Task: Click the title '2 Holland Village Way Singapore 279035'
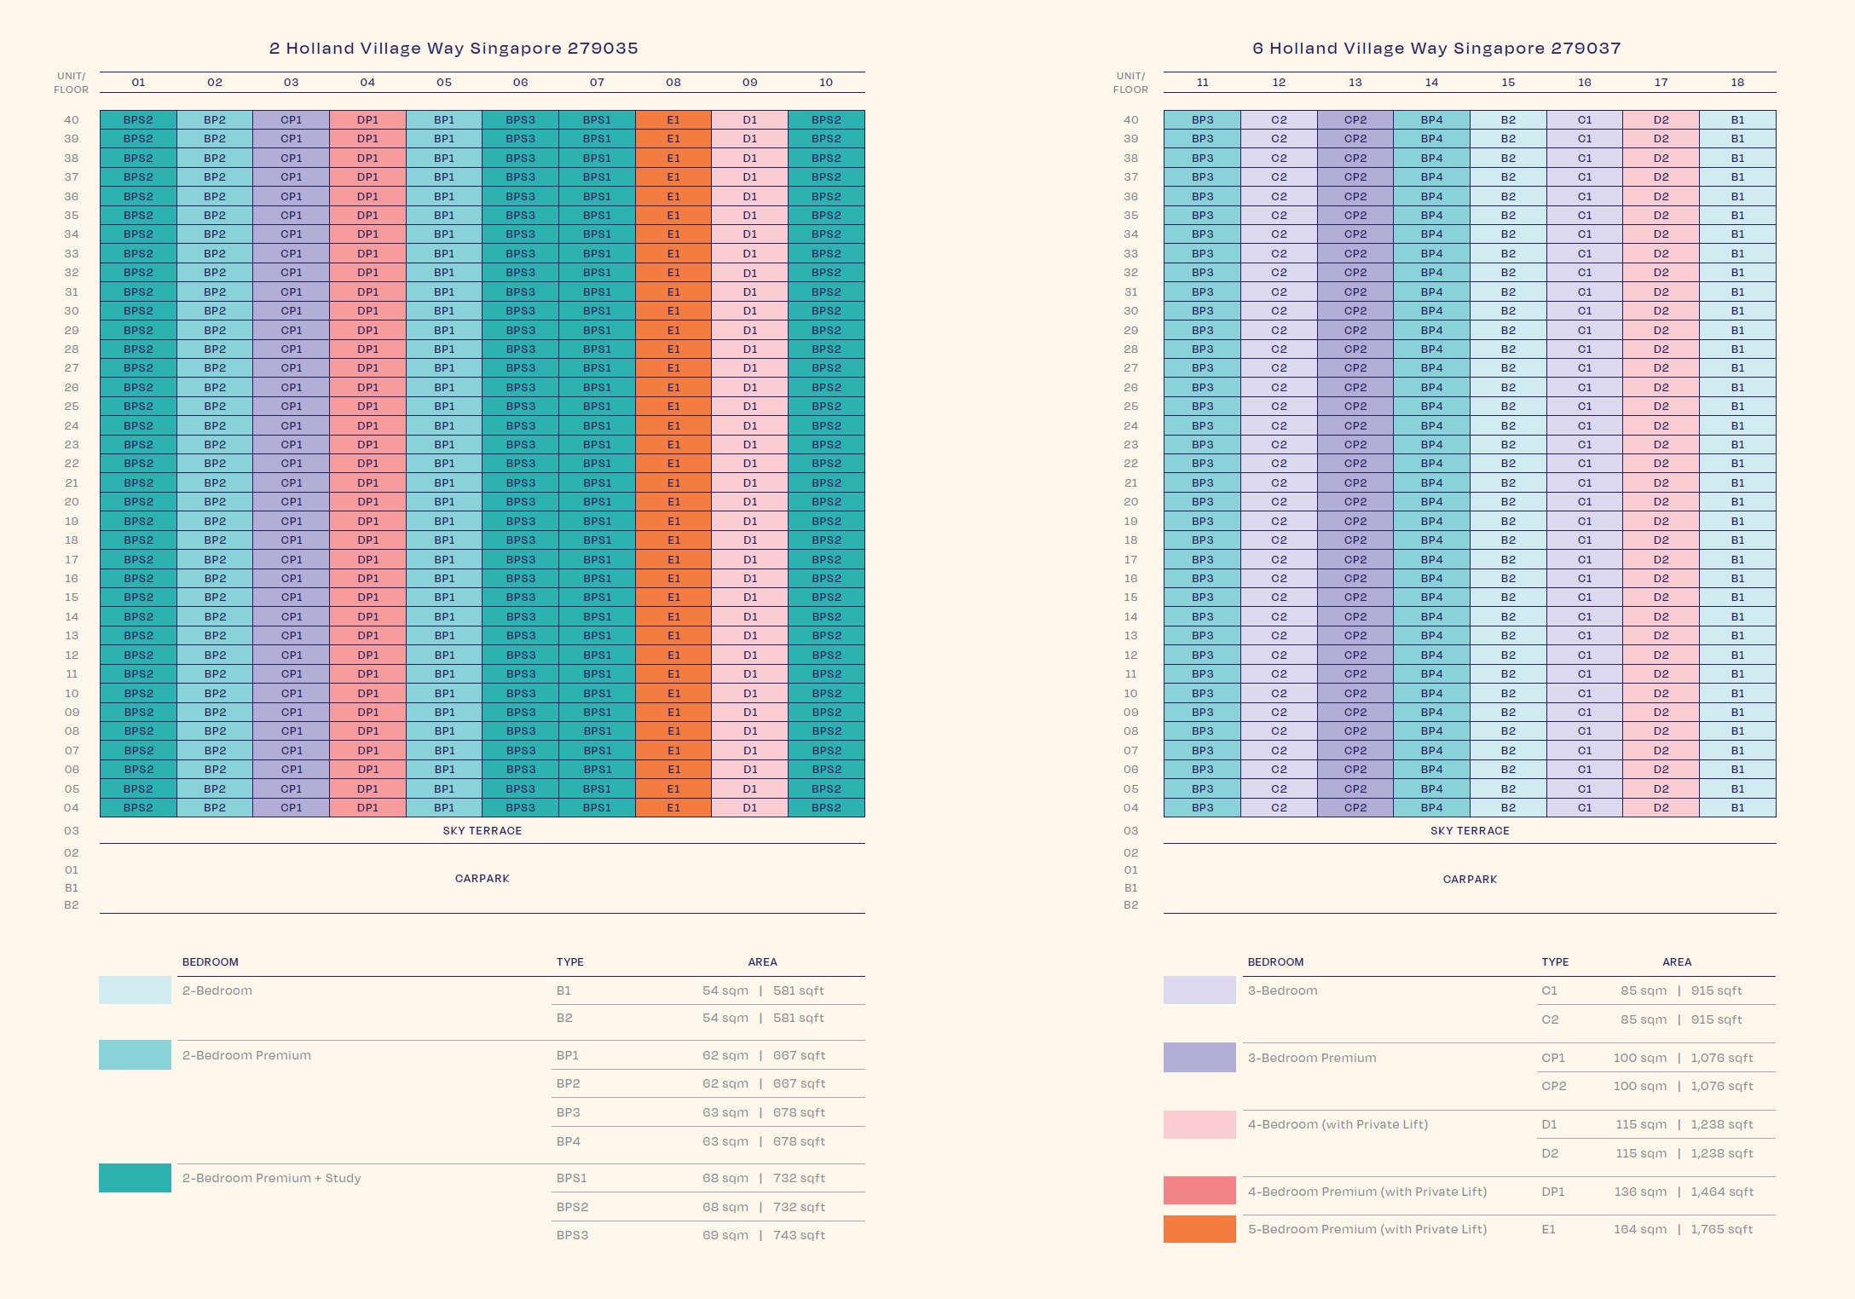click(454, 49)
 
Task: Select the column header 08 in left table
click(673, 83)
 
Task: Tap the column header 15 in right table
click(1508, 83)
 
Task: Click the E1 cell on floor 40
click(673, 120)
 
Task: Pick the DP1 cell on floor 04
click(367, 808)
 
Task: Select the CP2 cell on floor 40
click(1355, 120)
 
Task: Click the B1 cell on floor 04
click(1737, 808)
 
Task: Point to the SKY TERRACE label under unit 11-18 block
click(1470, 831)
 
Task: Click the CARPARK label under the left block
click(482, 879)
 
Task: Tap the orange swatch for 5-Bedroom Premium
click(1199, 1229)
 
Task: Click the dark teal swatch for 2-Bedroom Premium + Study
click(135, 1178)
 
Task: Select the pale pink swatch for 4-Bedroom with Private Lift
click(1199, 1124)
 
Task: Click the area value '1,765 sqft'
click(1722, 1229)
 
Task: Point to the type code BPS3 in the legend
click(572, 1235)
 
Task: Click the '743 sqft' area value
click(799, 1235)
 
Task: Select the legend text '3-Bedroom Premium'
click(1312, 1058)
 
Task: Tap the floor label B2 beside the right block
click(1130, 905)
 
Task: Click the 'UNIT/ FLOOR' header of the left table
click(71, 83)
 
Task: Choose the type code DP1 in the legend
click(1553, 1192)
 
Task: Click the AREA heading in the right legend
click(1677, 962)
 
